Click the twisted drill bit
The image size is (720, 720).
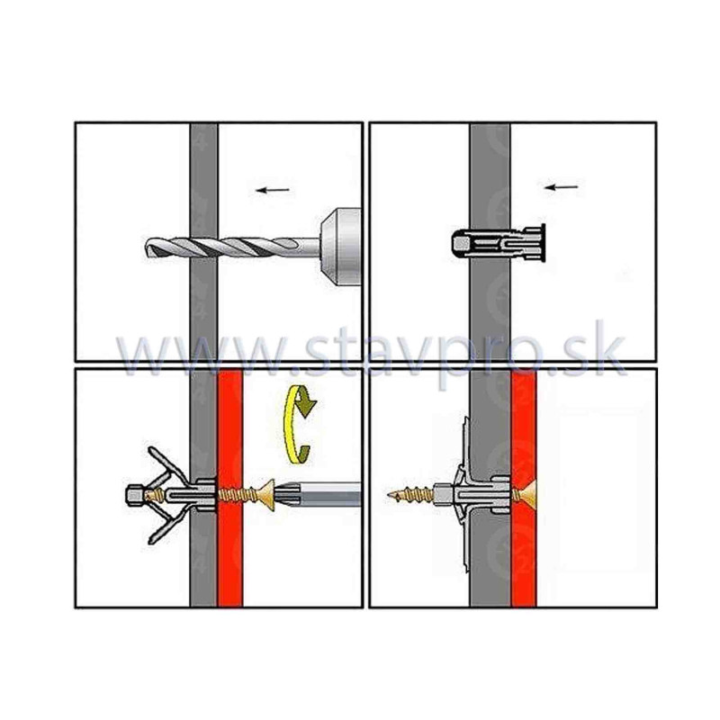pos(232,248)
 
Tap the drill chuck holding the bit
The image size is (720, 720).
pos(340,247)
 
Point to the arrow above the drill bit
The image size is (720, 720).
pos(273,190)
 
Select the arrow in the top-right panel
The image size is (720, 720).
pos(561,187)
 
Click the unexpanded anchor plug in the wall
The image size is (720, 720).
pos(498,243)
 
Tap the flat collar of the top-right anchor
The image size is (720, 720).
pos(543,243)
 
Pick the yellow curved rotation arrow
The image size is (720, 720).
pos(296,423)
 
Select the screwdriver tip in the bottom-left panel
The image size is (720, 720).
pos(316,494)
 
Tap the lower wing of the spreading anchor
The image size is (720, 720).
pos(167,525)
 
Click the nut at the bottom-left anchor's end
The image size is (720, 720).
pos(136,495)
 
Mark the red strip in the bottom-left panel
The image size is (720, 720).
pos(230,488)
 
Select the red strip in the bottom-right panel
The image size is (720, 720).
pos(524,488)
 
